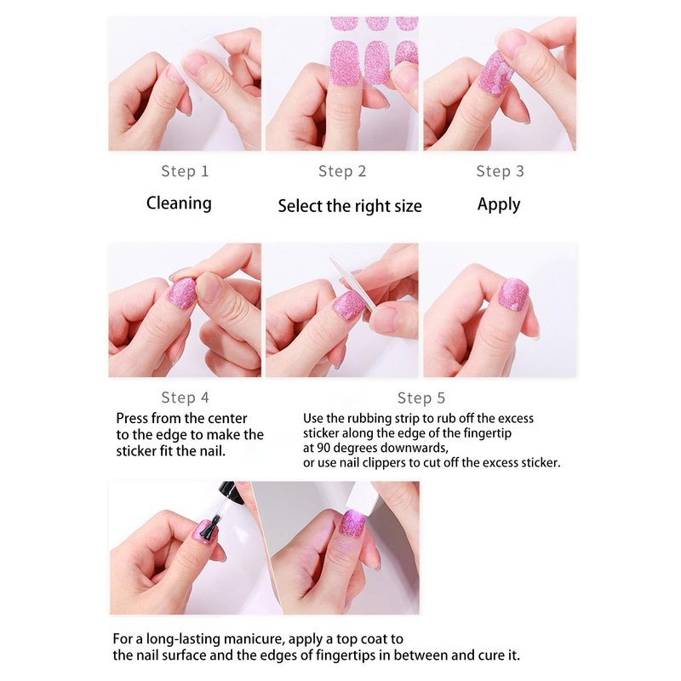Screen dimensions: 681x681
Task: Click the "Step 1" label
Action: [185, 171]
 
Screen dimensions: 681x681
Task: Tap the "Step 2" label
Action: [342, 171]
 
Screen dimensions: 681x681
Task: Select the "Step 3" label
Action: [500, 171]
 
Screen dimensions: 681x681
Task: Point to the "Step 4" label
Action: [185, 398]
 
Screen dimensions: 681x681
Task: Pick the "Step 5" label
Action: [421, 398]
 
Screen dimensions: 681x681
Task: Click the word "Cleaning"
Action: [179, 203]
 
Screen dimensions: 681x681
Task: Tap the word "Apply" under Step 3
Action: [499, 204]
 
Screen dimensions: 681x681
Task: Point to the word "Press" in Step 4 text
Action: [132, 418]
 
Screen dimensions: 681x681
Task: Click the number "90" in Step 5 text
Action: [323, 448]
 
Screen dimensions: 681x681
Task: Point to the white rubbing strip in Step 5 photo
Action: [353, 284]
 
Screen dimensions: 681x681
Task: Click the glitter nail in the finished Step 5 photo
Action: [514, 295]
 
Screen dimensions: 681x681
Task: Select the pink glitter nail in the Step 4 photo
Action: [182, 293]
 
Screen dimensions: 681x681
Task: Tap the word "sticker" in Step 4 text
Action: [135, 451]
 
